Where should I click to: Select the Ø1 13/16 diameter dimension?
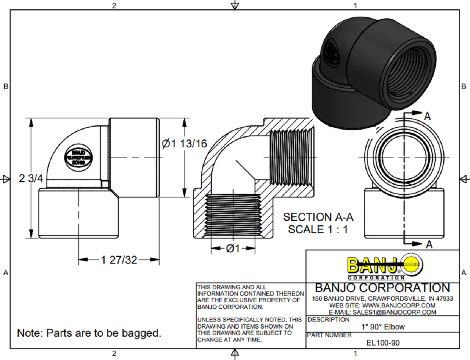(184, 144)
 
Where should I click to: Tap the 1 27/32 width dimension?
(119, 260)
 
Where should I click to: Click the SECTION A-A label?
(318, 217)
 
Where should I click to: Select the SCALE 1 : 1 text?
(318, 230)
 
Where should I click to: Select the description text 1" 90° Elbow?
(383, 327)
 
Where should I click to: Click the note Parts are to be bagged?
(89, 333)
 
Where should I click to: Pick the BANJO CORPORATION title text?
(382, 288)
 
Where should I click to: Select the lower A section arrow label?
(429, 245)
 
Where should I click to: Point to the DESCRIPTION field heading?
(328, 320)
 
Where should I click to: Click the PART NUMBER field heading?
(329, 335)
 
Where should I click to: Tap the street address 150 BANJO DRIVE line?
(382, 298)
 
